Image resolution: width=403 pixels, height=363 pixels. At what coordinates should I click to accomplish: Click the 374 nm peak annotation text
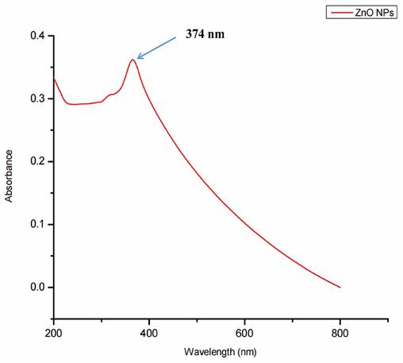coord(205,36)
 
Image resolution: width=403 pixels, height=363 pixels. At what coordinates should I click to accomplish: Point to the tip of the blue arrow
coord(137,58)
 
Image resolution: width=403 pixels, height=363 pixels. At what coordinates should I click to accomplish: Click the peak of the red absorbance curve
coord(132,60)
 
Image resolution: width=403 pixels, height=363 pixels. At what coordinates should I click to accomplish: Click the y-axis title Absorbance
coord(10,175)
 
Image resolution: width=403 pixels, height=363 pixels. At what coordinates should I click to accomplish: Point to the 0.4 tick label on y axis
coord(38,36)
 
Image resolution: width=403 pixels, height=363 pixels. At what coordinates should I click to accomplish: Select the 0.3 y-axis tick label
coord(38,98)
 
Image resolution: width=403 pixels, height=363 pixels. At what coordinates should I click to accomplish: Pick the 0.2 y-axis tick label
coord(38,161)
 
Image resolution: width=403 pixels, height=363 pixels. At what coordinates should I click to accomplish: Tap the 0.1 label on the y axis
coord(38,224)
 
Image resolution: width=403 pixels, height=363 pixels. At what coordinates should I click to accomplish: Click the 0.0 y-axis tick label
coord(38,287)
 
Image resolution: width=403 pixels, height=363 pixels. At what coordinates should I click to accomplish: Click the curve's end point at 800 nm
coord(340,287)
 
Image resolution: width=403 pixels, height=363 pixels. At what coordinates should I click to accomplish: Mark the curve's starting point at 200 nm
coord(54,79)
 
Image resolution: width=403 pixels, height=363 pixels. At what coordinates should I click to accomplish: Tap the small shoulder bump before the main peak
coord(110,95)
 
